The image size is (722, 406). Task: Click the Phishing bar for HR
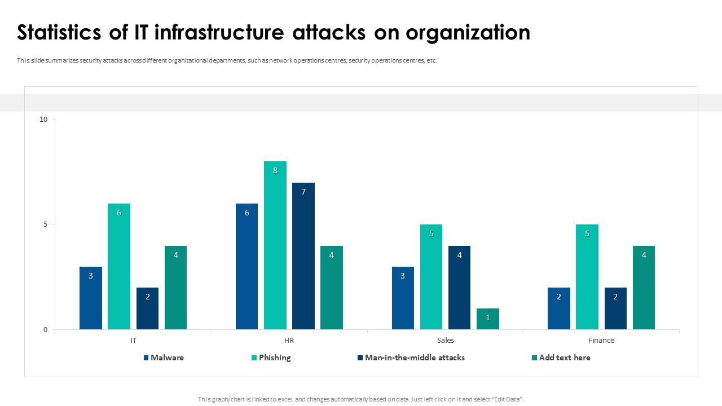coord(275,245)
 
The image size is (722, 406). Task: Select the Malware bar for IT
coord(91,298)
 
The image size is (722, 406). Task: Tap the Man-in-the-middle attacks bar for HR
coord(303,256)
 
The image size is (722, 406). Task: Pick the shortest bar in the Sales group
coord(488,319)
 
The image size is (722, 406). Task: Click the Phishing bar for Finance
coord(587,277)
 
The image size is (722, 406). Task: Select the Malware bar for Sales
coord(403,298)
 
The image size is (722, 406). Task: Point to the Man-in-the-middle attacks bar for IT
coord(148,308)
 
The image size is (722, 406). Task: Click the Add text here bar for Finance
coord(644,288)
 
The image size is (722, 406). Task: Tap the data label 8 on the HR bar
coord(275,170)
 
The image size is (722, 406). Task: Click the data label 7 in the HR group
coord(303,192)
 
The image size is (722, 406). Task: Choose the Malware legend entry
coord(166,358)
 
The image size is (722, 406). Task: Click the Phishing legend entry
coord(274,358)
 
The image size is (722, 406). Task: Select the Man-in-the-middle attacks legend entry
coord(414,358)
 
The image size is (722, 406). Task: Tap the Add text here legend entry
coord(564,358)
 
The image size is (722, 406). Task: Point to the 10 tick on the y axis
coord(43,119)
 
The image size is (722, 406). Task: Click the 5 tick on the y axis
coord(46,224)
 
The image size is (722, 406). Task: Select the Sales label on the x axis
coord(445,340)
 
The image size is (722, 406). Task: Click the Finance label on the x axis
coord(601,340)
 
